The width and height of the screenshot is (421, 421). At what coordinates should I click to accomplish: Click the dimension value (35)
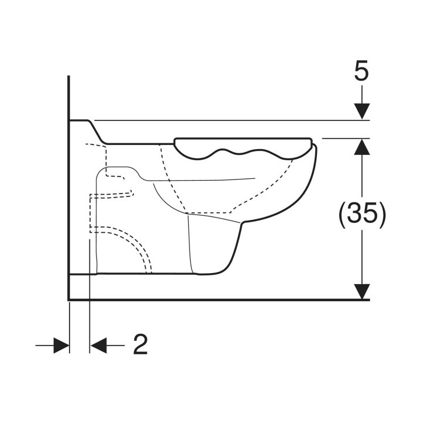pos(362,212)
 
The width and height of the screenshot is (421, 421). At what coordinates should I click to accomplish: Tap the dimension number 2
pos(140,344)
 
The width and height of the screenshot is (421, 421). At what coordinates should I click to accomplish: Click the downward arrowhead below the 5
pos(362,111)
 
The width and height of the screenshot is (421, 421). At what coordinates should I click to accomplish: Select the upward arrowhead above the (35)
pos(362,147)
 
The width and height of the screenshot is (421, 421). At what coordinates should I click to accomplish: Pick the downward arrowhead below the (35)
pos(362,291)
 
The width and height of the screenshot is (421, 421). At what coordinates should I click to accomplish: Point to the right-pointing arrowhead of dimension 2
pos(61,346)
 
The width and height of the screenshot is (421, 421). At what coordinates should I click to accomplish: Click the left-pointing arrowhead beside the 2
pos(99,346)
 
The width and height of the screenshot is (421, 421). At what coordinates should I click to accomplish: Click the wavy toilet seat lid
pos(243,148)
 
